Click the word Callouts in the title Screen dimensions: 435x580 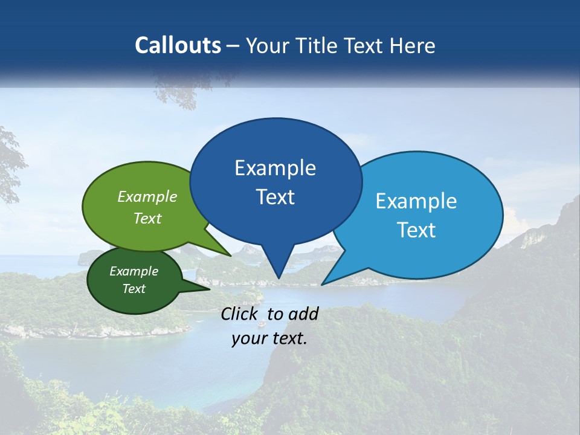[178, 45]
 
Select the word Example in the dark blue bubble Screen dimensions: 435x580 [275, 168]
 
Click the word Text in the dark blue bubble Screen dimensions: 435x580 [275, 197]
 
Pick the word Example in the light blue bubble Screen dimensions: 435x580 [416, 201]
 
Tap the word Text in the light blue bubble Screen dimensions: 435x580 [416, 230]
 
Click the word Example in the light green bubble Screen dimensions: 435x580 [147, 197]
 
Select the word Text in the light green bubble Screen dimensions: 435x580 [147, 219]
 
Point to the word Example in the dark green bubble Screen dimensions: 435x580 [134, 271]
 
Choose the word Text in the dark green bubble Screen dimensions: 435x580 [134, 289]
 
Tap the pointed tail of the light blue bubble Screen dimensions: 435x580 [327, 281]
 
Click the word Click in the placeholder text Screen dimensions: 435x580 [240, 314]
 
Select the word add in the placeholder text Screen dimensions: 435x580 [303, 314]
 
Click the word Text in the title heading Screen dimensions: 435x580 [366, 45]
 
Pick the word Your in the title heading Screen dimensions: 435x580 [266, 45]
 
